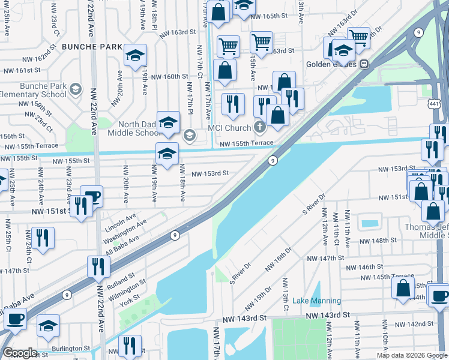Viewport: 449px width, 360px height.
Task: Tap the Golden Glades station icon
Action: (x=364, y=64)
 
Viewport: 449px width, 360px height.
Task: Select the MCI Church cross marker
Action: (x=259, y=127)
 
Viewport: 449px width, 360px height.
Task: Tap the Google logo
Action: (x=20, y=353)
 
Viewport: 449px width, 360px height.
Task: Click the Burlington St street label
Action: (x=70, y=347)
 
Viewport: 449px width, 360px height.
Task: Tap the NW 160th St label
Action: (x=169, y=76)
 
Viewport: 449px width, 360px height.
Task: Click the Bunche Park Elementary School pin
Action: (x=75, y=90)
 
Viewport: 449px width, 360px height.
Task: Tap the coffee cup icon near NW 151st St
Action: (x=92, y=196)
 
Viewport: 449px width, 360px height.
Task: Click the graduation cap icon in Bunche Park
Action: (x=136, y=55)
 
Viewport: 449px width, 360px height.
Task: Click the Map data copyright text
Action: (x=411, y=355)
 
